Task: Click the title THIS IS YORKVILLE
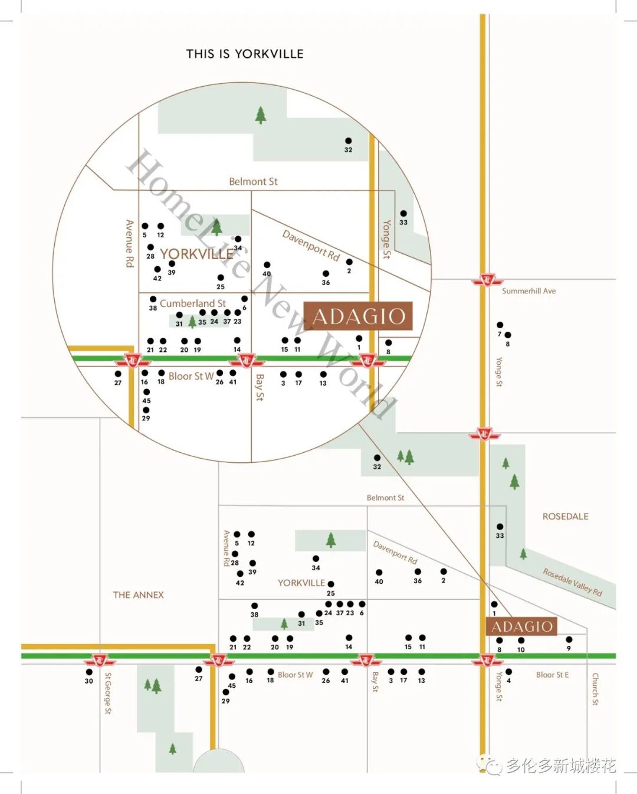245,54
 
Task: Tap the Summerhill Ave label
528,291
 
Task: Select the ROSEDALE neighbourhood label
565,517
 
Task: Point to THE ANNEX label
138,595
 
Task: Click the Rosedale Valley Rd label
572,582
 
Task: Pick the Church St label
595,689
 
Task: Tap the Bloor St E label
552,675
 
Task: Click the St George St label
108,693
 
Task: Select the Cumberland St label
192,303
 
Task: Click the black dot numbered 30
89,672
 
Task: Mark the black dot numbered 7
500,325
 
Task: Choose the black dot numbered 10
521,641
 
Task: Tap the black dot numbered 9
569,639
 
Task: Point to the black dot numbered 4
508,672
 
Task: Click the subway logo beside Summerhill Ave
487,280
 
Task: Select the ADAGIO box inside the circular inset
358,316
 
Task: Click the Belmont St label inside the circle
253,182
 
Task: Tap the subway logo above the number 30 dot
99,660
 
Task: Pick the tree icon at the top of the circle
261,115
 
